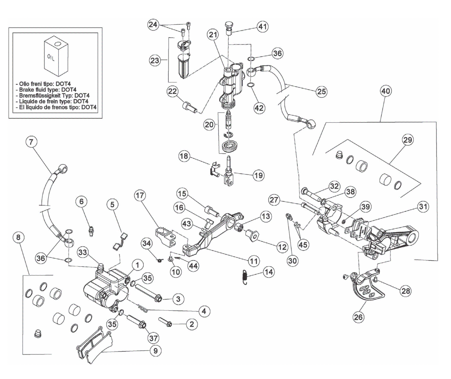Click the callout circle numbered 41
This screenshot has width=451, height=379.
point(263,27)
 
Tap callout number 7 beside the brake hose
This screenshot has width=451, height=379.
point(31,142)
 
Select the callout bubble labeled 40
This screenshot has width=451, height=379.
point(385,91)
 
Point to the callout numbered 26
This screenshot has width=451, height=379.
point(358,317)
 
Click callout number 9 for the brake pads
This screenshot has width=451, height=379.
point(155,351)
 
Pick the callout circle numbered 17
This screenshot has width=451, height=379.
point(140,195)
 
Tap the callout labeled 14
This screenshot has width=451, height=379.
point(268,272)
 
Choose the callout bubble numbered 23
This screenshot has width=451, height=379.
point(154,60)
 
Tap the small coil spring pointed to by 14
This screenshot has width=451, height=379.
point(245,277)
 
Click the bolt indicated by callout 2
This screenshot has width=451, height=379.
point(165,322)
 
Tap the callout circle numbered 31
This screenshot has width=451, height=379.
point(423,207)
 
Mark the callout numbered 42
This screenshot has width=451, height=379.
point(259,108)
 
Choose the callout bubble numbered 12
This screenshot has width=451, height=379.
point(282,247)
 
